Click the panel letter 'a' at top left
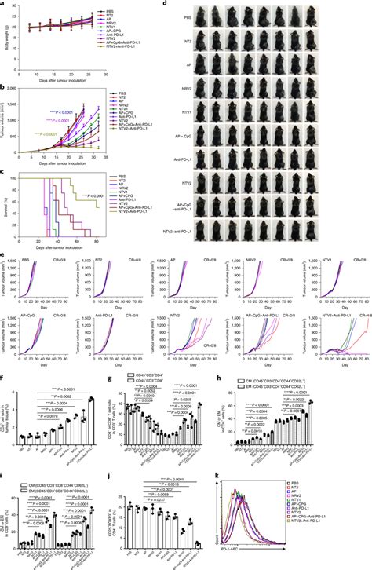[x=4, y=4]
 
